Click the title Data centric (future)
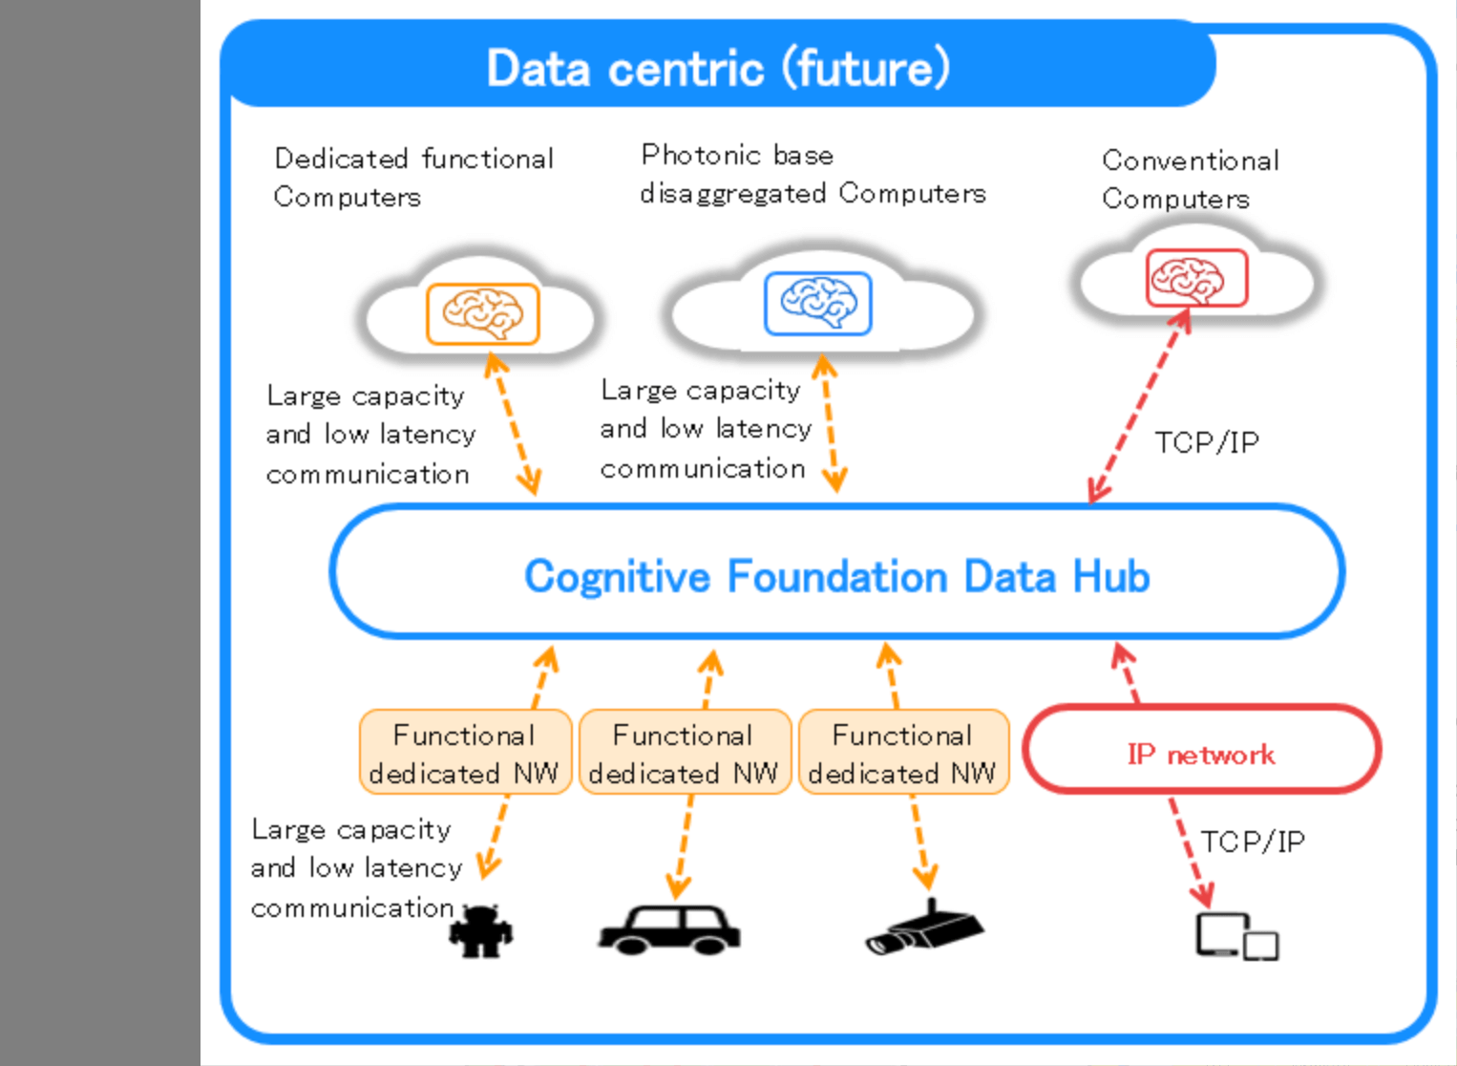[718, 68]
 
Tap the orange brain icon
[482, 313]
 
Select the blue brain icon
[818, 303]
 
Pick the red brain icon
[1196, 278]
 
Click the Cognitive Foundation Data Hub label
[836, 576]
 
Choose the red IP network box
[1201, 752]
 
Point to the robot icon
[481, 931]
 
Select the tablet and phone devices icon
[1236, 936]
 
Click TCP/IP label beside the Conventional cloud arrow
[1207, 442]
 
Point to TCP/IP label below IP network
[1252, 842]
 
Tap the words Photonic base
[737, 155]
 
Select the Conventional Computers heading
[1190, 179]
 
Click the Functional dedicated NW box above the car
[684, 753]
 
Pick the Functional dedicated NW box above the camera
[903, 753]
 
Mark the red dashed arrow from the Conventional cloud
[1141, 405]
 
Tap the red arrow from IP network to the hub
[1128, 673]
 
